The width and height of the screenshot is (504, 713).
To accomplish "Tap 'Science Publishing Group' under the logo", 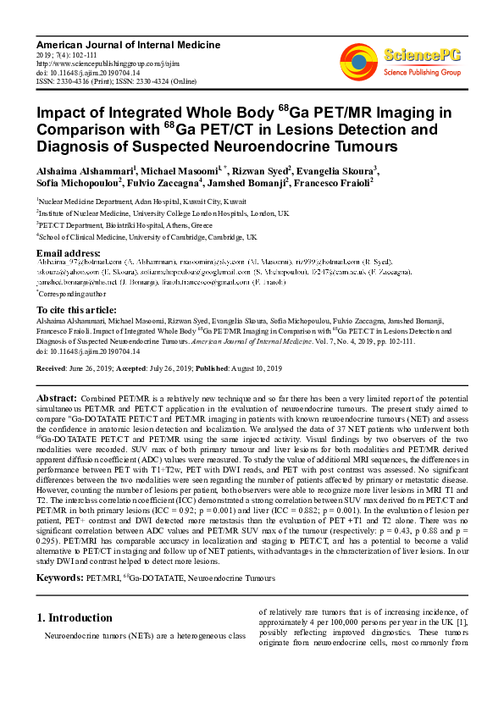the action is pyautogui.click(x=422, y=73).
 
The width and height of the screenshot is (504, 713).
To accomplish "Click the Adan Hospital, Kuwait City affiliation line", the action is pyautogui.click(x=142, y=202).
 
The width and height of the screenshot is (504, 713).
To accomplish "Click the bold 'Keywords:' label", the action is pyautogui.click(x=60, y=578).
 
